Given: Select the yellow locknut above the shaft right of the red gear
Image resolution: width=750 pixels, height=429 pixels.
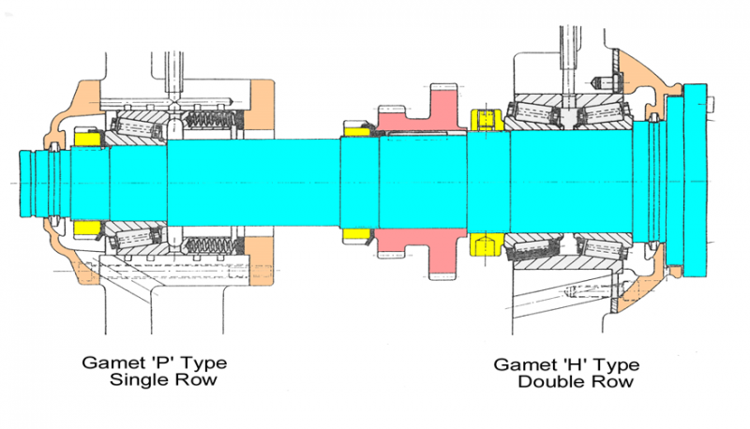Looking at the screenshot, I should point(485,120).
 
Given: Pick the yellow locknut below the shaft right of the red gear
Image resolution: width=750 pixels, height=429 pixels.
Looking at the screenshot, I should point(485,244).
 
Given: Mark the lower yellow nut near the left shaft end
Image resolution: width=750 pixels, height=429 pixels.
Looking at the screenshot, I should point(87,228).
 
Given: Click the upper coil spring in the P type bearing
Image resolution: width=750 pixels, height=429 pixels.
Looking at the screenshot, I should point(211,121).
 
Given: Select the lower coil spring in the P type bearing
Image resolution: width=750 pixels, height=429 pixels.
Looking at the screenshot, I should point(211,245).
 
